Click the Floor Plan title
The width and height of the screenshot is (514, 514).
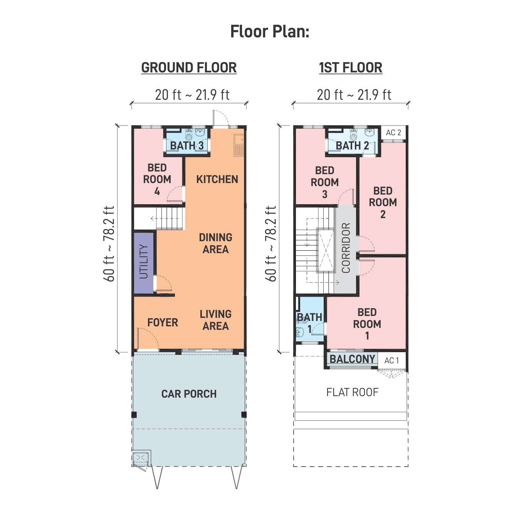tap(270, 32)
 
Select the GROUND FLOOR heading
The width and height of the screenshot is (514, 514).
tap(189, 67)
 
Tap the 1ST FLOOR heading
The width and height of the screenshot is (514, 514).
tap(351, 67)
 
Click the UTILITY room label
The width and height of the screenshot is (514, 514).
tap(144, 262)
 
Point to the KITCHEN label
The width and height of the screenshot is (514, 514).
tap(217, 179)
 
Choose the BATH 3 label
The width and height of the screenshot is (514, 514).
tap(187, 146)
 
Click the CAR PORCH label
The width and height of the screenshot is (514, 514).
tap(189, 394)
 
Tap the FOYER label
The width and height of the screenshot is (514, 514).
tap(163, 323)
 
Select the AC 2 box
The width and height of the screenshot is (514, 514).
tap(393, 133)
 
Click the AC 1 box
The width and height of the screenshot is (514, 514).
tap(391, 361)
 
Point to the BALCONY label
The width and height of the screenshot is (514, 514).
tap(352, 359)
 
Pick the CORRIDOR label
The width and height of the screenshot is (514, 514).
tap(346, 248)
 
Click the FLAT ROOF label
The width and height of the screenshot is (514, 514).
tap(352, 392)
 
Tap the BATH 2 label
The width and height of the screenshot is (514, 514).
tap(352, 146)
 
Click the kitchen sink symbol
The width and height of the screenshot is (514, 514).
tap(239, 145)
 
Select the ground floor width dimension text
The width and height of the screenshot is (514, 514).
tap(192, 95)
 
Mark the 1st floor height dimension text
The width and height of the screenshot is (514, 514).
tap(270, 244)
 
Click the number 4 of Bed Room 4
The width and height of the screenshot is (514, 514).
tap(157, 191)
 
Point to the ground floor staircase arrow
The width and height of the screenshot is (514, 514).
tap(165, 219)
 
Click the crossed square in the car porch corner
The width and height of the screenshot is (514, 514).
tap(141, 458)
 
